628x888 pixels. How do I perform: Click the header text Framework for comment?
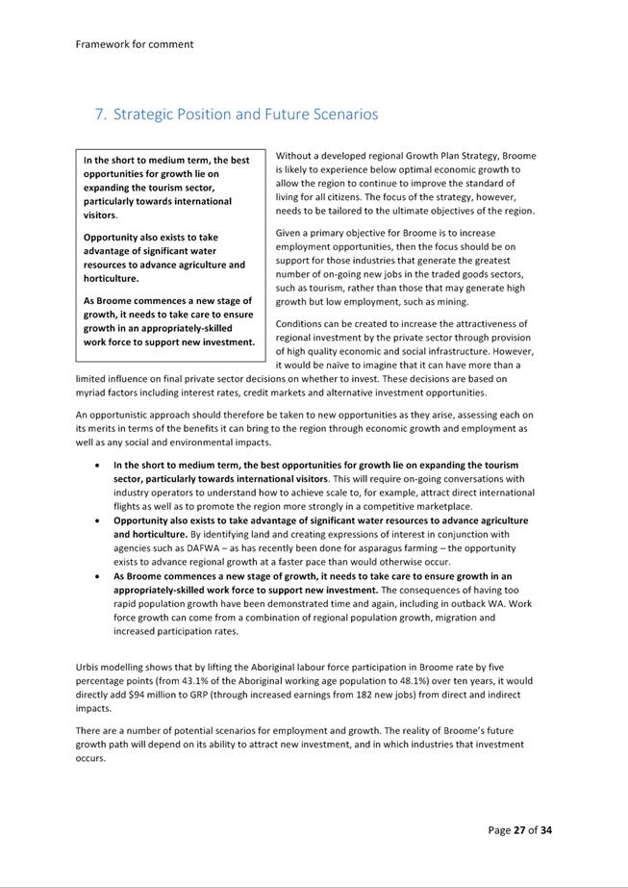[x=134, y=43]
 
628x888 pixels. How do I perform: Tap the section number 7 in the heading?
[x=99, y=114]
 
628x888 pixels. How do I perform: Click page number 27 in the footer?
[x=521, y=830]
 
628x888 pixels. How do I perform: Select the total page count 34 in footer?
[x=546, y=830]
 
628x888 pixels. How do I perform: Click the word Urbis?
[x=91, y=666]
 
